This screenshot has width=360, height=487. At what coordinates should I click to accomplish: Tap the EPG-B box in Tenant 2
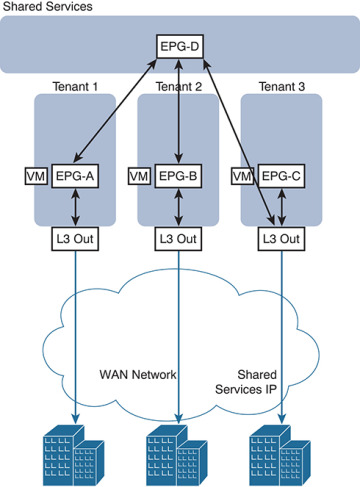point(178,177)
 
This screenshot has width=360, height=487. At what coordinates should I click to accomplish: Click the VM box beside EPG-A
point(32,177)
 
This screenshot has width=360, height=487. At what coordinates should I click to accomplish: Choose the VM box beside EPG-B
point(140,177)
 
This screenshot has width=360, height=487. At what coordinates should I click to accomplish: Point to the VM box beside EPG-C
point(241,177)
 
